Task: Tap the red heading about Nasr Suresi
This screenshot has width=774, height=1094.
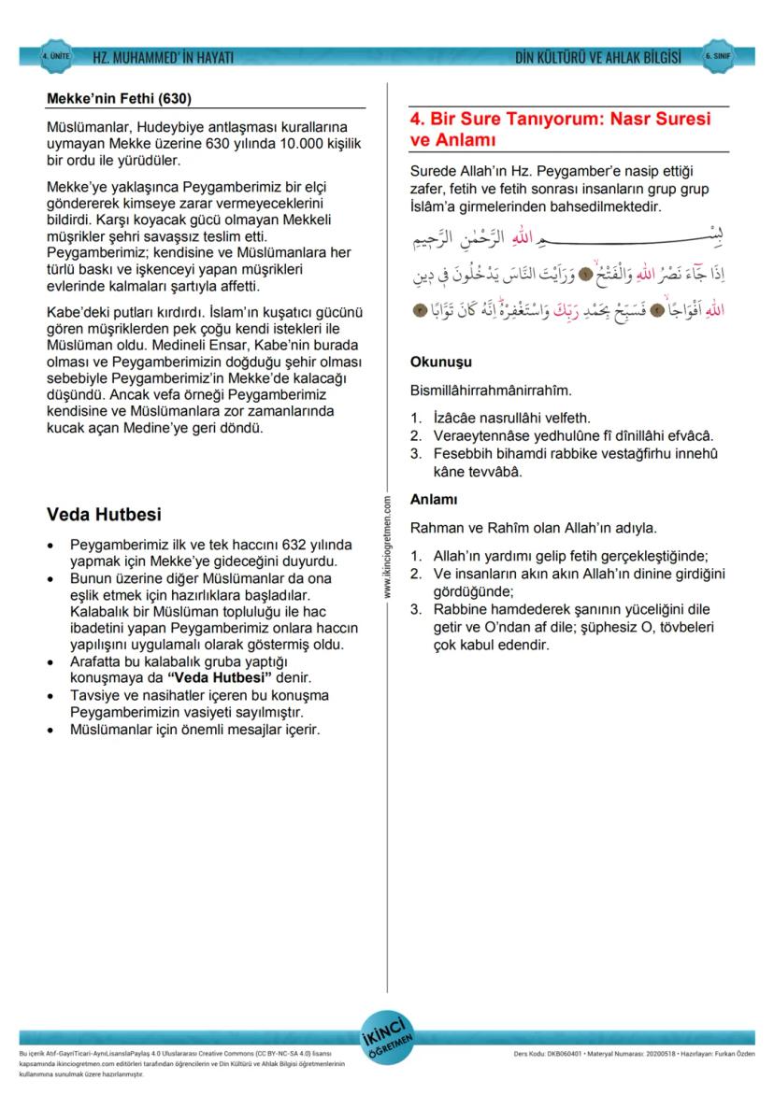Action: click(560, 130)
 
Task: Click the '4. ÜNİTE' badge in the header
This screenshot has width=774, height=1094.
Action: click(55, 57)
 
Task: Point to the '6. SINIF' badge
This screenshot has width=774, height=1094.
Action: click(718, 57)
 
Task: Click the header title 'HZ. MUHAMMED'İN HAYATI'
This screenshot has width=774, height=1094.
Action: click(163, 58)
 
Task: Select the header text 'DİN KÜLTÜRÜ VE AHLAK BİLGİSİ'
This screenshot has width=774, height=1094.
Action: click(597, 58)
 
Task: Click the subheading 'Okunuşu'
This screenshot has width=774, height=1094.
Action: click(440, 362)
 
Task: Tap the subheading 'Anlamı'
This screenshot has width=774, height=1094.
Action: click(434, 500)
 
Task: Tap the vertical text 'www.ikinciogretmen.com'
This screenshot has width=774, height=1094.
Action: click(387, 547)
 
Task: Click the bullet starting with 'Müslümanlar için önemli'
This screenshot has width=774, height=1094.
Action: click(195, 729)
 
